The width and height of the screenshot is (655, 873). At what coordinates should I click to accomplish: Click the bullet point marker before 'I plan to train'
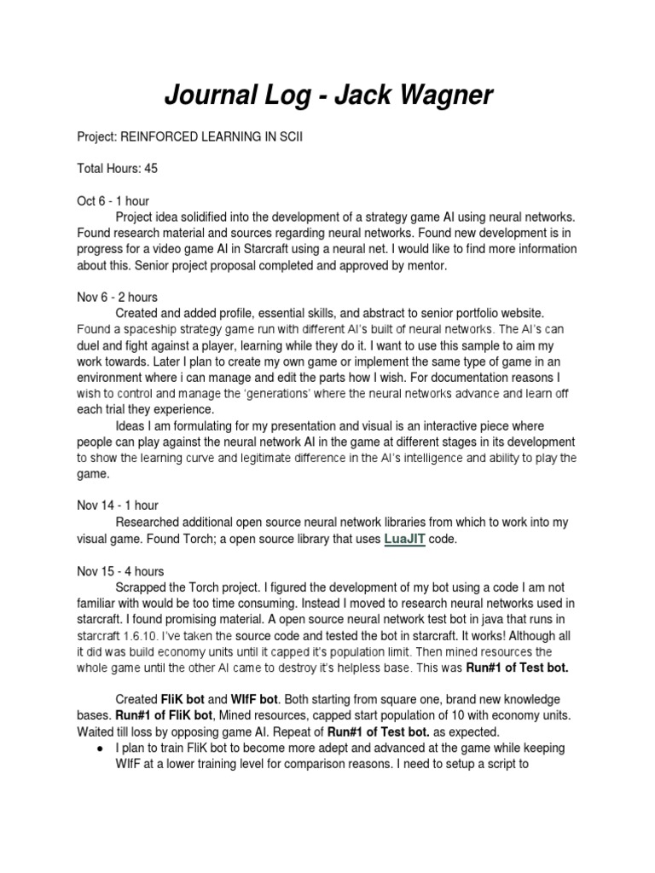tap(101, 748)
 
